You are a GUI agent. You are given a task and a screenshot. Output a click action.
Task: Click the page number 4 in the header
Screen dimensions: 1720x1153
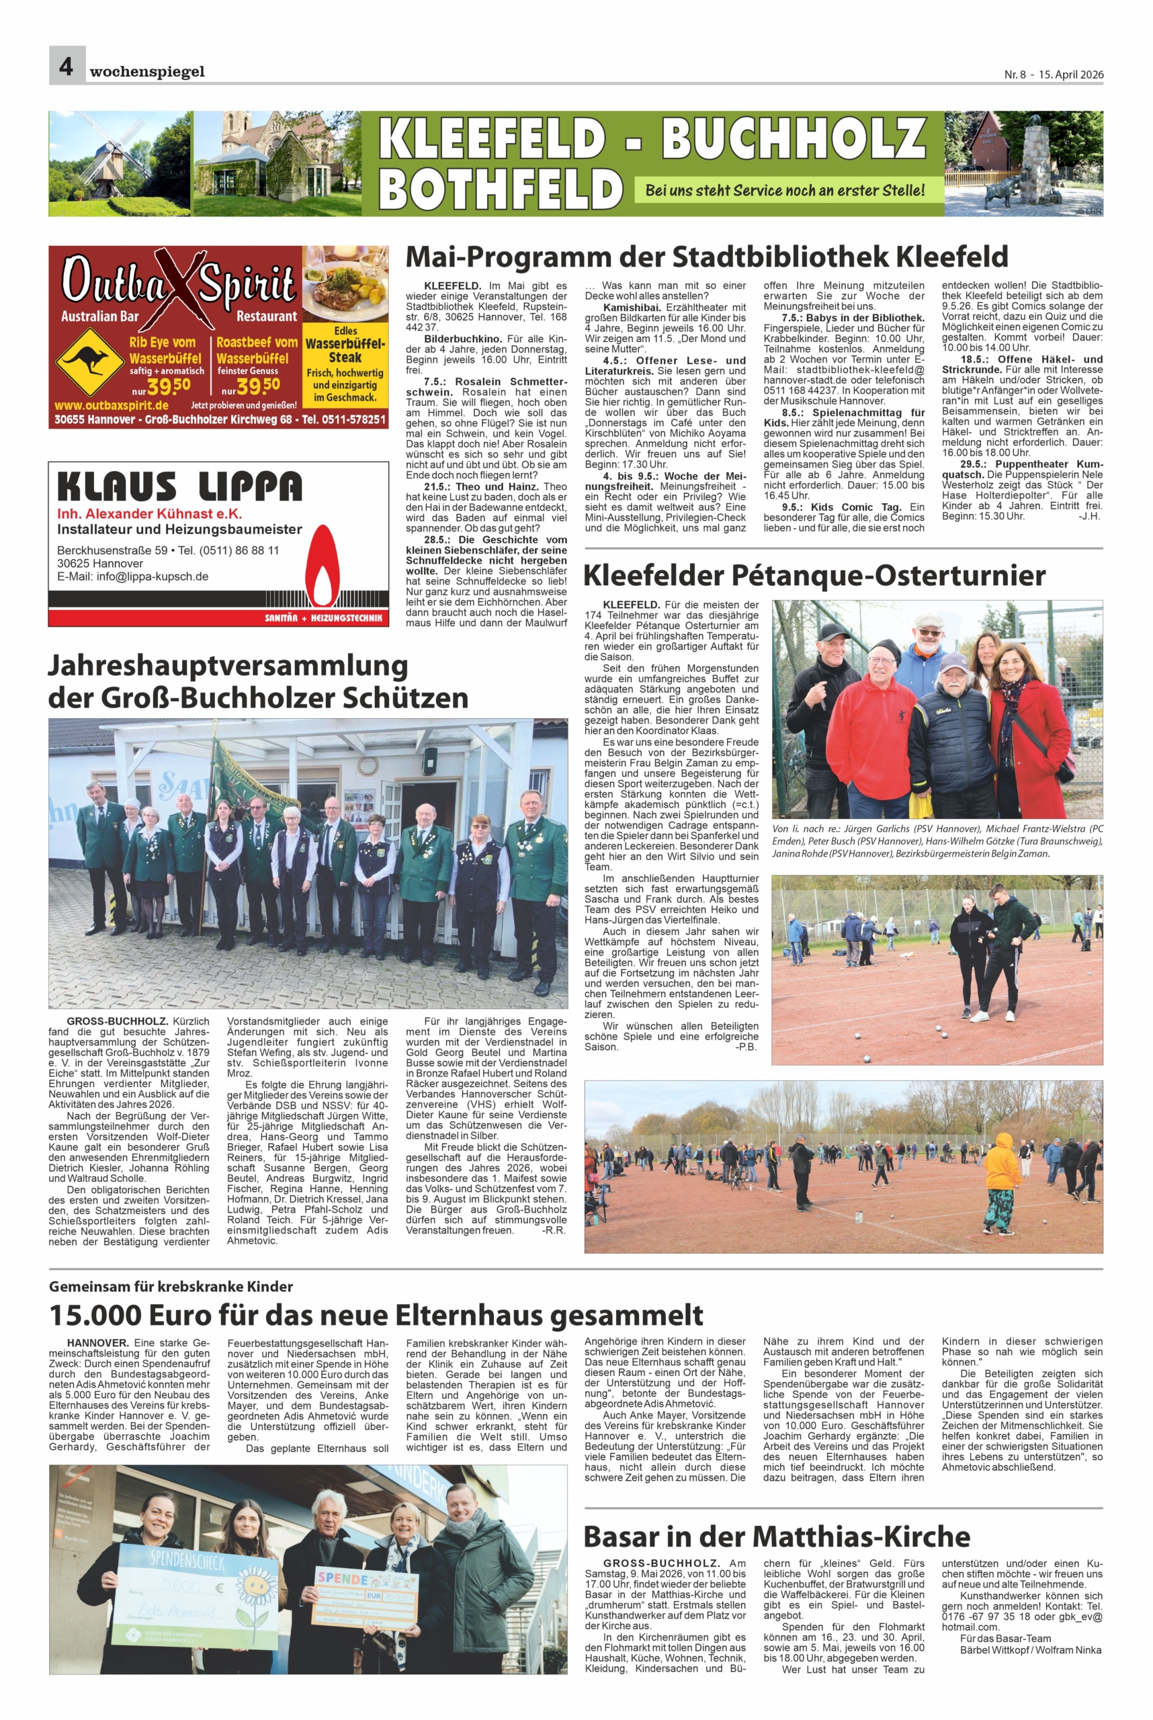point(66,67)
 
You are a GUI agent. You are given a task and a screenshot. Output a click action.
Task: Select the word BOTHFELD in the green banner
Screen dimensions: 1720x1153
point(500,188)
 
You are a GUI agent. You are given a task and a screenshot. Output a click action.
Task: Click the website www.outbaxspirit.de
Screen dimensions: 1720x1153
point(111,405)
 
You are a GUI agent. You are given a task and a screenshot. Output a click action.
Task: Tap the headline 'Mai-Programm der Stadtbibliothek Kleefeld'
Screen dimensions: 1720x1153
point(706,257)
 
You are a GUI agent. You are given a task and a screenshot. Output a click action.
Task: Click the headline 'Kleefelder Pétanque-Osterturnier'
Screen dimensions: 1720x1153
point(814,575)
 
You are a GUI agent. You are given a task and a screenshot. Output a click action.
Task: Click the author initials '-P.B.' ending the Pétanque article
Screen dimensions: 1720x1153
point(746,1046)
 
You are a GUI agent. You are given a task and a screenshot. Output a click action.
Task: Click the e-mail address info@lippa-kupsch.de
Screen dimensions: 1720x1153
point(132,576)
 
